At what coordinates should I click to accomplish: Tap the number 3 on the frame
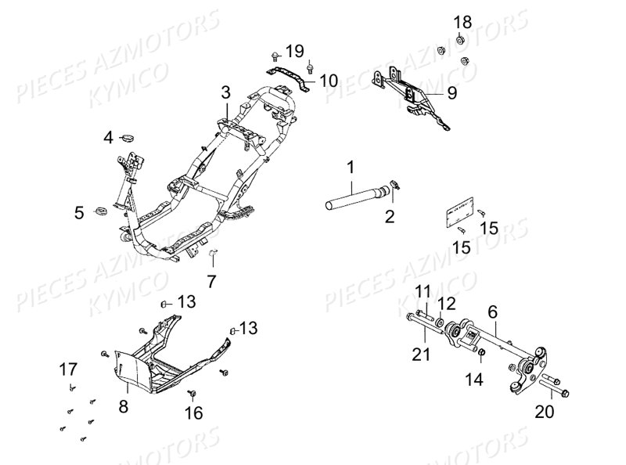coord(225,92)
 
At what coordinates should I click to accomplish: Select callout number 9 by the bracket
coord(451,92)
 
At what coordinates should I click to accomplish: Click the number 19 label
coord(293,52)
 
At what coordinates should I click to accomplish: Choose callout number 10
coord(328,80)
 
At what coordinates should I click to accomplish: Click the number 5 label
coord(79,211)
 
